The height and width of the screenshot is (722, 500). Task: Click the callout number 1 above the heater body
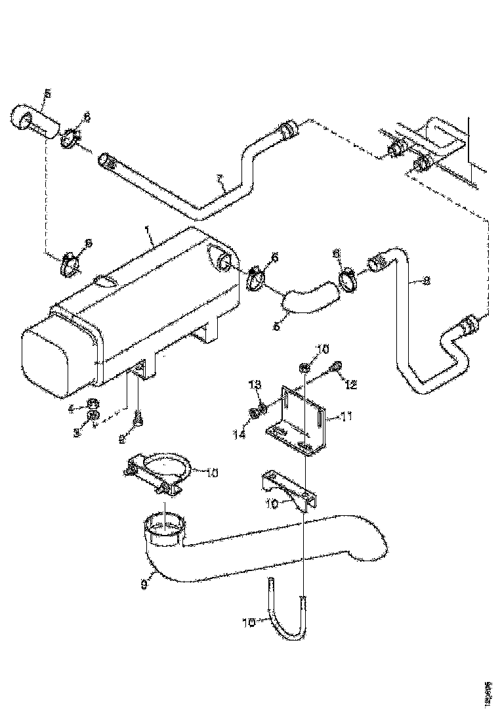148,232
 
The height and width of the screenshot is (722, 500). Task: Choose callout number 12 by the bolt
351,385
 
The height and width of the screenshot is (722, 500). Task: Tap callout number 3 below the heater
76,433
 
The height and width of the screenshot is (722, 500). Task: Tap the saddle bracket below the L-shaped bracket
289,489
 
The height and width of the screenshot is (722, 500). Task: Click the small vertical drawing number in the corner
488,692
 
